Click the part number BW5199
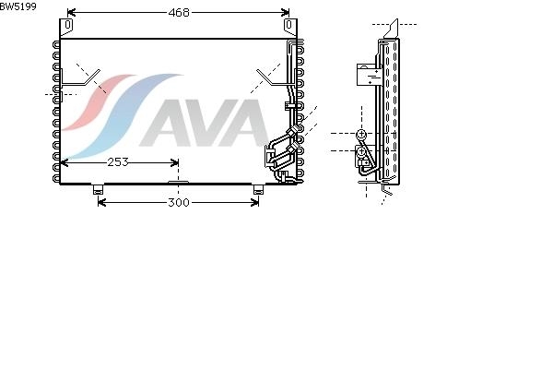coord(18,6)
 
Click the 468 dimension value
coord(179,13)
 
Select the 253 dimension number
coord(118,162)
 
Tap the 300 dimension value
coord(179,203)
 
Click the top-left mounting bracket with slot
coord(66,28)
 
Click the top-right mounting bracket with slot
coord(290,28)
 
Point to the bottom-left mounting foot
coord(98,189)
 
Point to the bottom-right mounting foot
coord(258,189)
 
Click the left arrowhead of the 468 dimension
coord(71,13)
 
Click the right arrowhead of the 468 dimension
coord(286,13)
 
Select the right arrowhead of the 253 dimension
coord(174,162)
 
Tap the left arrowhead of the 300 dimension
coord(102,203)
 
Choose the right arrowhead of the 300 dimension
coord(254,203)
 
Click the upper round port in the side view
coord(361,134)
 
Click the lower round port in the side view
coord(361,152)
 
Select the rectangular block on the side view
coord(370,75)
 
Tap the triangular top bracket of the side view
coord(392,29)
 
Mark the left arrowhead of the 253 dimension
coord(65,162)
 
